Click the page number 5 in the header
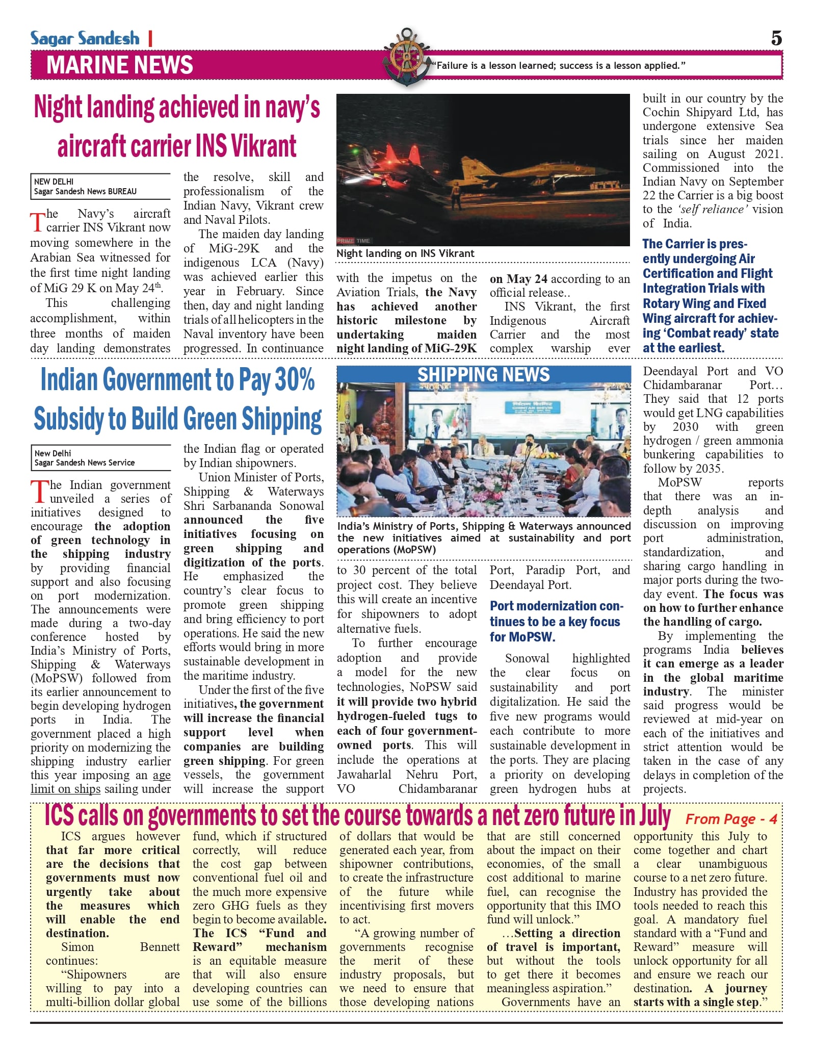tap(776, 38)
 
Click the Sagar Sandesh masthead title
tap(85, 39)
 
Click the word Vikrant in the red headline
tap(264, 146)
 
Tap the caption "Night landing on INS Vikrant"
tap(405, 253)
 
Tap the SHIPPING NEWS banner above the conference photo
tap(483, 374)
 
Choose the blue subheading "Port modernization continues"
tap(556, 621)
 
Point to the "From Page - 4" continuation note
tap(731, 819)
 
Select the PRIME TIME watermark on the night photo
tap(354, 241)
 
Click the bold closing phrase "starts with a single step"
tap(696, 1002)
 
